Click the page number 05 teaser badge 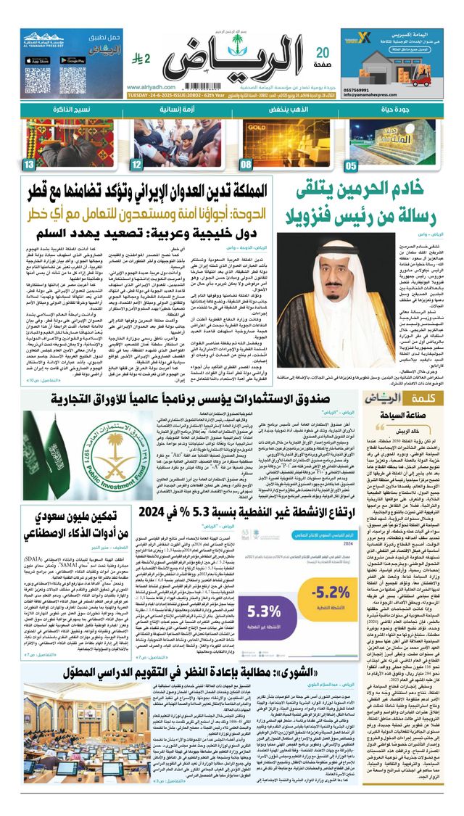tap(352, 165)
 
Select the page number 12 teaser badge tap(137, 165)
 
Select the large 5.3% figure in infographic tap(265, 611)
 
